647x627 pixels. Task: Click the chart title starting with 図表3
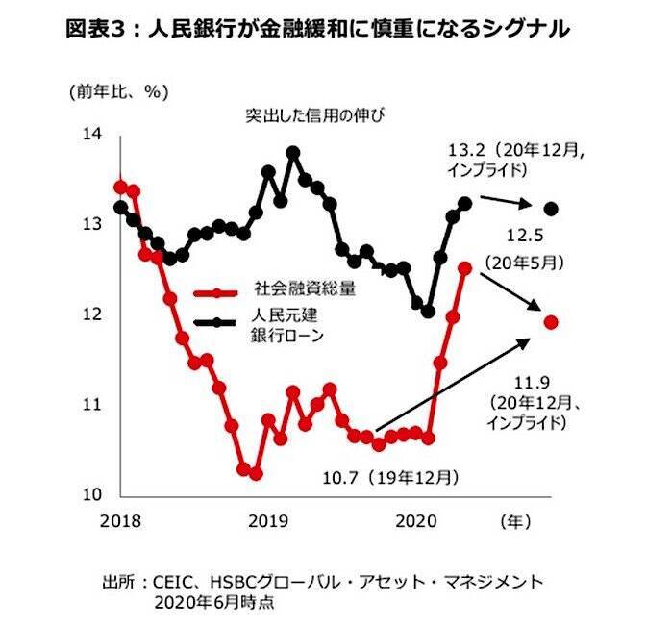point(317,30)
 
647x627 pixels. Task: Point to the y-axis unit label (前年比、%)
point(118,92)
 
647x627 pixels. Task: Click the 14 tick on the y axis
point(94,135)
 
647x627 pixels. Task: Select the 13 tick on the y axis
point(94,224)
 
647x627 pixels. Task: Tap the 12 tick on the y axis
point(94,314)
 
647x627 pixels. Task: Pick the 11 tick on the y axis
point(94,405)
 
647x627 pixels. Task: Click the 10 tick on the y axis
point(94,495)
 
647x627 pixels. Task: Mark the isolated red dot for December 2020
point(551,322)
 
